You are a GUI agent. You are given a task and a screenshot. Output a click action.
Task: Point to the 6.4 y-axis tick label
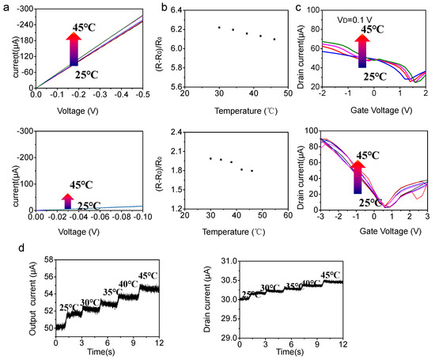click(173, 9)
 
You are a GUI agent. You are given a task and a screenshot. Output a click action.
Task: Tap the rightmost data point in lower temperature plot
click(252, 171)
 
